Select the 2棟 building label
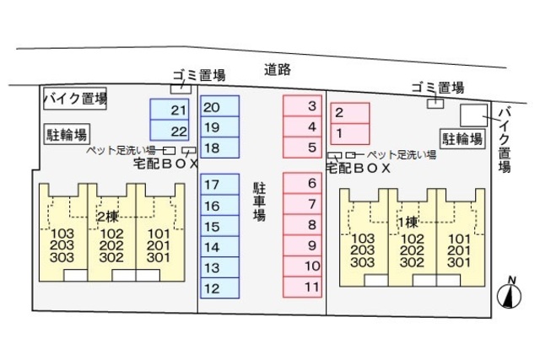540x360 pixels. (x=107, y=217)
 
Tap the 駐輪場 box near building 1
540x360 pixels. (x=463, y=139)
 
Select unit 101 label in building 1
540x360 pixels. (x=458, y=238)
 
